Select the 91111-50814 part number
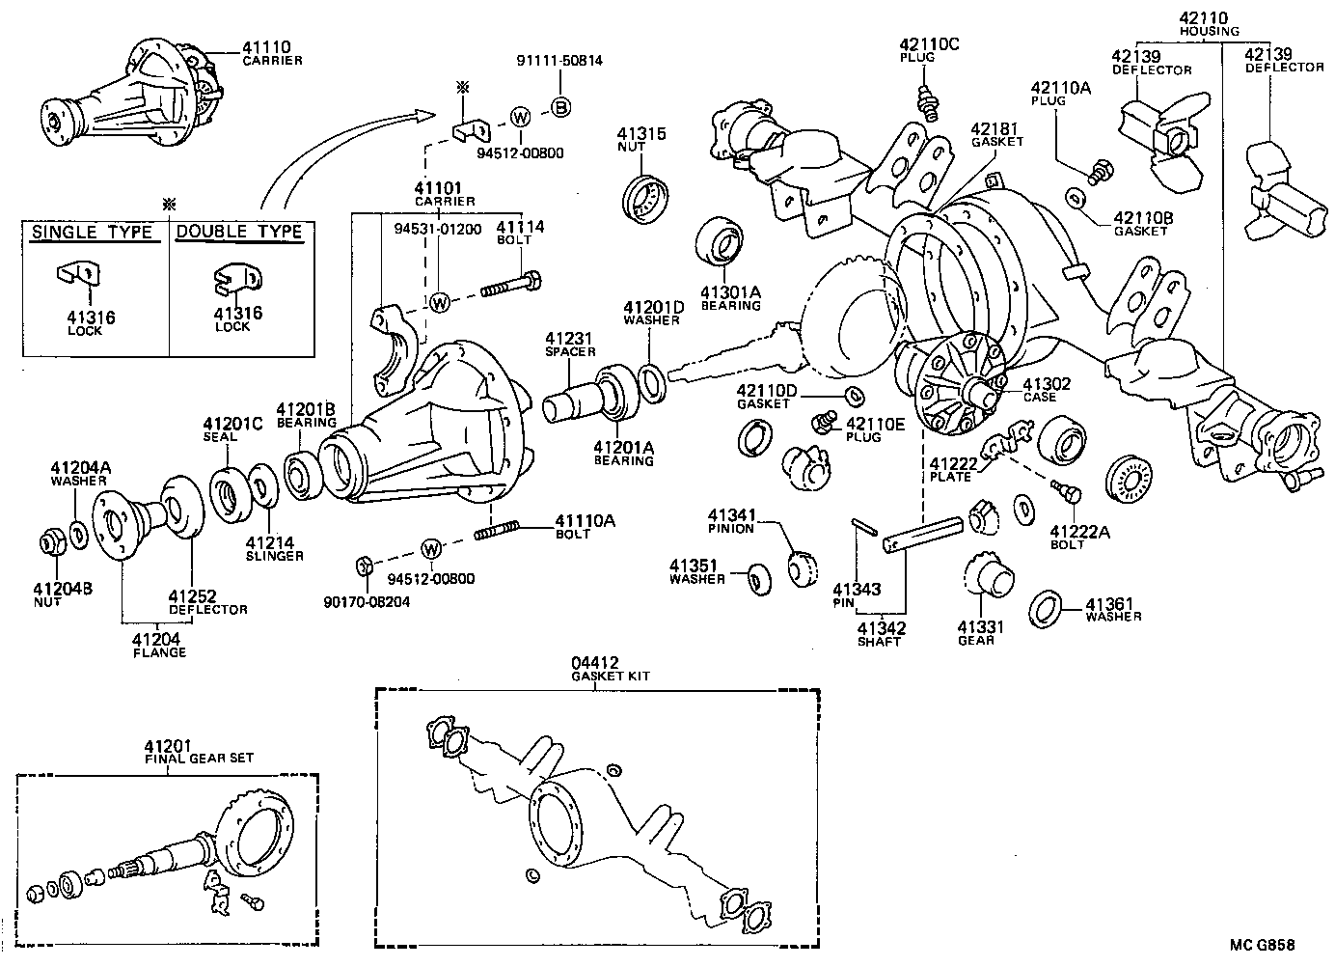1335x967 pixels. click(559, 60)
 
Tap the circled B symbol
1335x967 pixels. click(559, 107)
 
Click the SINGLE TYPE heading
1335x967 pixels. click(93, 233)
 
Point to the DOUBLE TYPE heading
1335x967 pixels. click(239, 233)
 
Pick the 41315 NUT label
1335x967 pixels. click(640, 140)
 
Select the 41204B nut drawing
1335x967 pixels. click(52, 543)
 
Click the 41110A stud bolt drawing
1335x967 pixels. click(498, 529)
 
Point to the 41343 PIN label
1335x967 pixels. click(857, 595)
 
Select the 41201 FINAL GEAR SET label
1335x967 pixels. click(198, 752)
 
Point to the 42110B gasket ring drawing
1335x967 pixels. click(1077, 198)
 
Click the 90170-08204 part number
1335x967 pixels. click(366, 601)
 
